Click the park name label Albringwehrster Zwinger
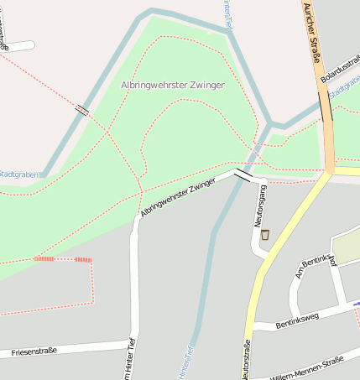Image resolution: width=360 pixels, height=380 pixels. click(x=173, y=85)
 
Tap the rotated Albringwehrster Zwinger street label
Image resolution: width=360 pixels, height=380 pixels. click(x=179, y=197)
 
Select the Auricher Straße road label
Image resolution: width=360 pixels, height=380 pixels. click(x=311, y=34)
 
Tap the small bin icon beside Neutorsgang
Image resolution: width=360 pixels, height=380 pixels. click(x=266, y=234)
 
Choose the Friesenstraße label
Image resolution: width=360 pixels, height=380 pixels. click(x=34, y=351)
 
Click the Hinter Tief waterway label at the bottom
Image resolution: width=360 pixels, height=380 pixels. click(x=186, y=363)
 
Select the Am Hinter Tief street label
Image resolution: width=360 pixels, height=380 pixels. click(x=130, y=361)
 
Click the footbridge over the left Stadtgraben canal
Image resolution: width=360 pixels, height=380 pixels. click(x=82, y=109)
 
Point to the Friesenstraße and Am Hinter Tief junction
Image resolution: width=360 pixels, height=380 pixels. click(x=133, y=342)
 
